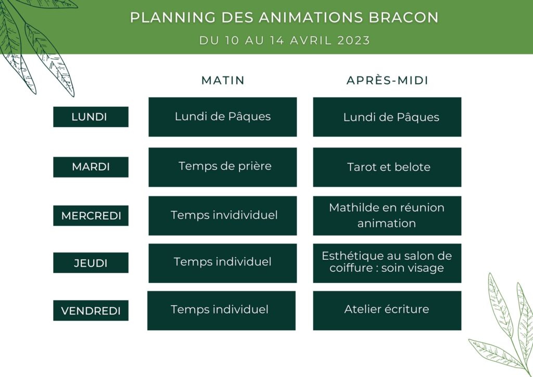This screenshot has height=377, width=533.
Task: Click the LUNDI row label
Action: click(x=91, y=117)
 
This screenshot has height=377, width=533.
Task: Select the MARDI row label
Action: click(x=91, y=167)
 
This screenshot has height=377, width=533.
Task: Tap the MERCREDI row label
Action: click(x=91, y=216)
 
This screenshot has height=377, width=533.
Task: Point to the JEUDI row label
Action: click(x=91, y=263)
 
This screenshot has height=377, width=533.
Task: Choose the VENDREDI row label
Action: click(x=91, y=310)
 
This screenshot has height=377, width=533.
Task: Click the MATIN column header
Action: click(x=223, y=81)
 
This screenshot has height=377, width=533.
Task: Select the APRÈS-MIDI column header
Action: click(x=387, y=81)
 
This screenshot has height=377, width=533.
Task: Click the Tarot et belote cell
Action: click(x=387, y=167)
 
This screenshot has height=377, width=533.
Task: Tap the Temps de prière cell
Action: click(x=223, y=167)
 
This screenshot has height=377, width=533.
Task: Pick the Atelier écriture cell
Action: click(x=387, y=311)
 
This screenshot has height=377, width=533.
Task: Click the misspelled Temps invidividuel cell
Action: click(x=223, y=216)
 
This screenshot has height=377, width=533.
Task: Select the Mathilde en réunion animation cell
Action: click(x=387, y=216)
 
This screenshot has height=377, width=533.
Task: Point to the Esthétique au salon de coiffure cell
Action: click(x=387, y=263)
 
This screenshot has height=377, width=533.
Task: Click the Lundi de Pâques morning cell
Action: click(x=223, y=117)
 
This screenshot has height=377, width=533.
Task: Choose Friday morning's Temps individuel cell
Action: click(x=221, y=311)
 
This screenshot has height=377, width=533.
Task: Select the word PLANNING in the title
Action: click(x=173, y=18)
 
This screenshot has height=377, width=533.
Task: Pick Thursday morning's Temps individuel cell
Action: click(x=223, y=263)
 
